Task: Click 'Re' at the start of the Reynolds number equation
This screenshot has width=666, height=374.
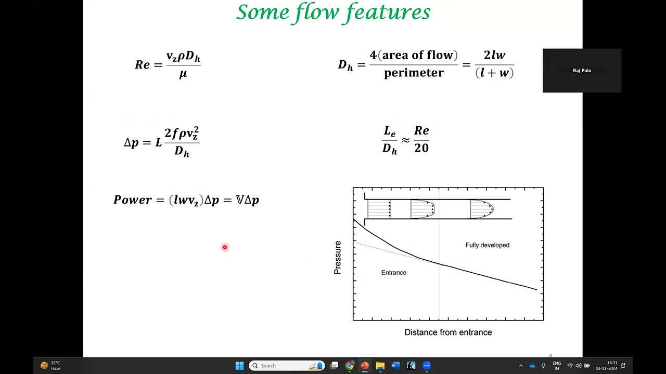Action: pyautogui.click(x=142, y=65)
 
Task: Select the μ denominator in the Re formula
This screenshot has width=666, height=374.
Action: pyautogui.click(x=183, y=74)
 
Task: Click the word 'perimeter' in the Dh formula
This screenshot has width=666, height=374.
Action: pyautogui.click(x=414, y=73)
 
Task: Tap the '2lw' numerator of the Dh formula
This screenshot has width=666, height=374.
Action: pyautogui.click(x=494, y=55)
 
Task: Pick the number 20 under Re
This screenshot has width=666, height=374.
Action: pyautogui.click(x=421, y=148)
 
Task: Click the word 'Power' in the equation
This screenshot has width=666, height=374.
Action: pyautogui.click(x=132, y=200)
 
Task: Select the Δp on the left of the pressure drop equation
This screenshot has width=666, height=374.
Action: pyautogui.click(x=131, y=142)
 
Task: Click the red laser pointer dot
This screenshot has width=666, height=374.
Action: pyautogui.click(x=225, y=247)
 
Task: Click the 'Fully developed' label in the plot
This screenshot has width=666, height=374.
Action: pyautogui.click(x=487, y=245)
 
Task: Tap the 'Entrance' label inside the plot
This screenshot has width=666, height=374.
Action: pyautogui.click(x=393, y=273)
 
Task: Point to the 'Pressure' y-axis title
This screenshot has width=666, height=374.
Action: pyautogui.click(x=338, y=258)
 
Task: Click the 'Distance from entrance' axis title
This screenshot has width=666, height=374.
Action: pyautogui.click(x=448, y=332)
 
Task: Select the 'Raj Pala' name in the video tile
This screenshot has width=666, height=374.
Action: pyautogui.click(x=582, y=71)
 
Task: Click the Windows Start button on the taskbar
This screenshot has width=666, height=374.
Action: pyautogui.click(x=239, y=366)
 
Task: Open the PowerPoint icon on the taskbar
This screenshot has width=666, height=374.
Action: pyautogui.click(x=365, y=366)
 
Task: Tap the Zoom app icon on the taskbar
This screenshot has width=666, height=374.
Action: pyautogui.click(x=427, y=366)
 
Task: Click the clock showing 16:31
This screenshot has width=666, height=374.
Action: pyautogui.click(x=612, y=363)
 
